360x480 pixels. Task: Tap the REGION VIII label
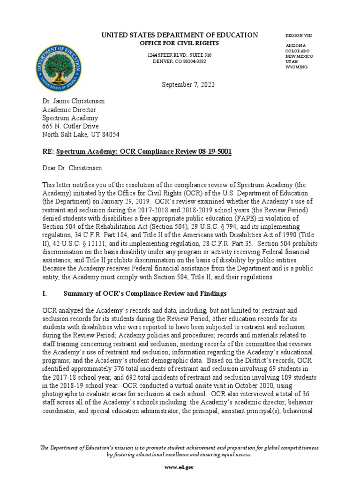[298, 36]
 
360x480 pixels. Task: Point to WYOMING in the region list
[297, 67]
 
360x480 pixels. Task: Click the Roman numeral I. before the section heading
[45, 293]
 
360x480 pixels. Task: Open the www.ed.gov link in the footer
[180, 467]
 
